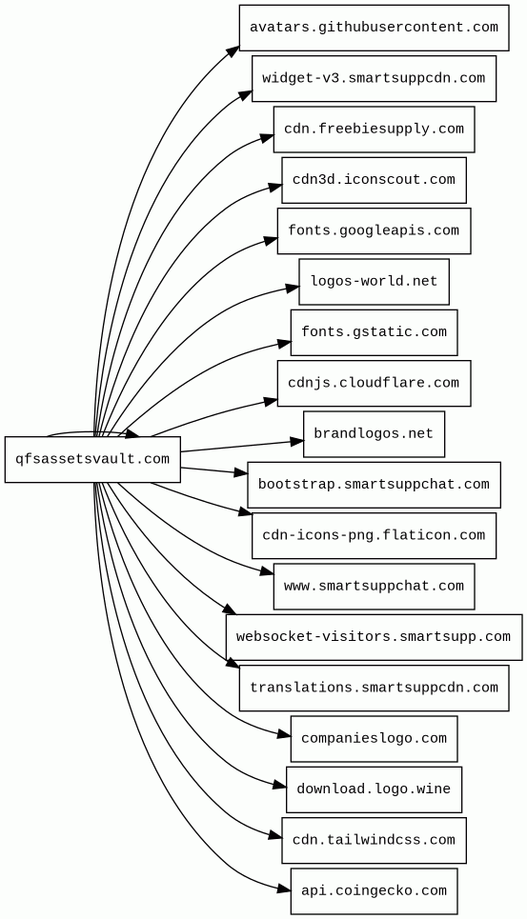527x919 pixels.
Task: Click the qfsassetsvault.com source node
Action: pos(92,459)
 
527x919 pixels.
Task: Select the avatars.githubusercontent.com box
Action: pos(374,28)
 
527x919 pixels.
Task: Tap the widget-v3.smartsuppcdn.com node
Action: pos(374,78)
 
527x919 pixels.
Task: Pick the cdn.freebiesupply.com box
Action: pos(374,130)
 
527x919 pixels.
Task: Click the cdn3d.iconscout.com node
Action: pos(374,180)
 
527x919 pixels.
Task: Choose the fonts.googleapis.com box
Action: pos(374,230)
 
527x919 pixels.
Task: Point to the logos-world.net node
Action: pos(374,282)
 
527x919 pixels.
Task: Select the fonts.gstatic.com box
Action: pos(374,332)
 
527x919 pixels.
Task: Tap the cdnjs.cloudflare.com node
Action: pos(374,383)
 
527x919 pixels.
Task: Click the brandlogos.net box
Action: pos(374,434)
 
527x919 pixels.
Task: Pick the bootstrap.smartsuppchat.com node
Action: pos(374,485)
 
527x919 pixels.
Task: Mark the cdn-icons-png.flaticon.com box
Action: pos(374,536)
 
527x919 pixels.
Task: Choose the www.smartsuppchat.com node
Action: pos(374,587)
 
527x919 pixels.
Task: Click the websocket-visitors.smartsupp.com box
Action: pos(374,637)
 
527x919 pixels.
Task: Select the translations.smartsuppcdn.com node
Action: pos(374,689)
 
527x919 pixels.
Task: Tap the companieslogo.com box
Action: pos(374,739)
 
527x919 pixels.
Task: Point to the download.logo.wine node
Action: pos(374,789)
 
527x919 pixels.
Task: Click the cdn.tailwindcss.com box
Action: pos(374,841)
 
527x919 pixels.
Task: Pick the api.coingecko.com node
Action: pos(374,891)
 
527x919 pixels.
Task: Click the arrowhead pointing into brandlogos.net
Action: pos(296,441)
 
